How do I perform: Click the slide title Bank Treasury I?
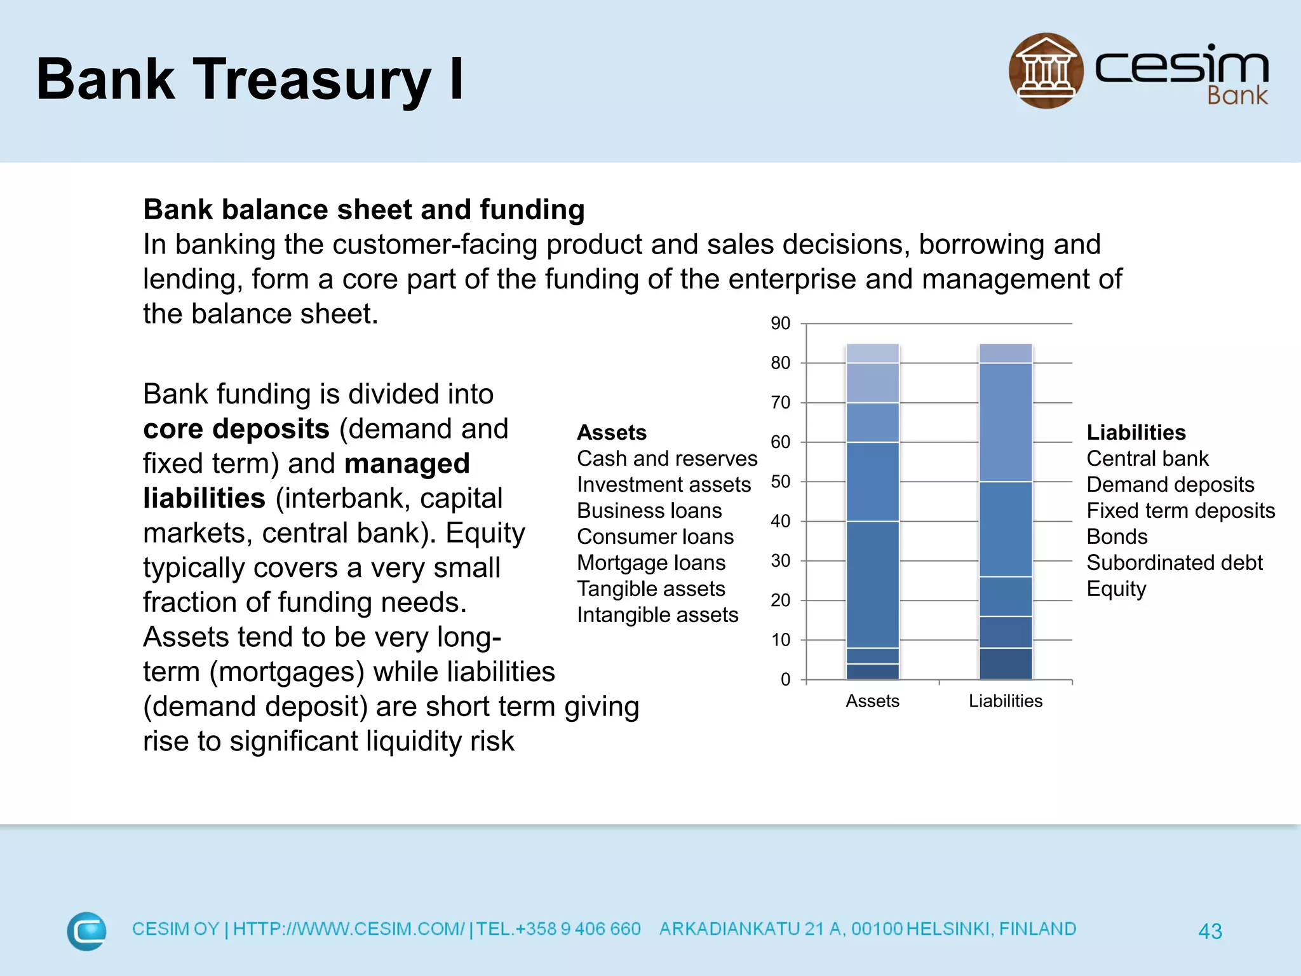250,79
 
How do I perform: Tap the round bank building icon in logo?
1046,71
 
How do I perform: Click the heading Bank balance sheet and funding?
363,210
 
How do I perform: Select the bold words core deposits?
236,429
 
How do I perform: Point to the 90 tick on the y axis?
780,323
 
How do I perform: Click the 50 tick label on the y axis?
780,482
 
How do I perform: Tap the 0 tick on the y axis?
786,679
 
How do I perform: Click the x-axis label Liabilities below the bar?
1005,701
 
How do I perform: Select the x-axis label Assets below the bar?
872,701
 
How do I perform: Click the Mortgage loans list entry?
651,563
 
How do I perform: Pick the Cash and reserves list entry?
667,459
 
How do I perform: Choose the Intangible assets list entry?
657,615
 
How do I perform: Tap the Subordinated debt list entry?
1174,563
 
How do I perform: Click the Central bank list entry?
1147,459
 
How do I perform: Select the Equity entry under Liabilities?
1116,589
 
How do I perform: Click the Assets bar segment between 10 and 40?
872,585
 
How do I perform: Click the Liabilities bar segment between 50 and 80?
1005,423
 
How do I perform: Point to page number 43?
1210,932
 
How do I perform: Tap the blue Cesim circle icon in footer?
87,931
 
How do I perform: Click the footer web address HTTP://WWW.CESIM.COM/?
349,929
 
